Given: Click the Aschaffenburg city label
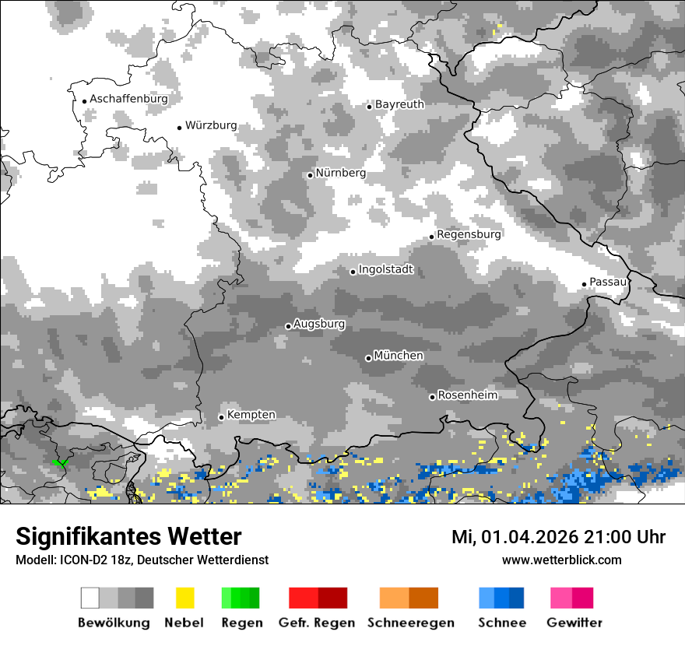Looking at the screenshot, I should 128,99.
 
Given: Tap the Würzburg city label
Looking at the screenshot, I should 211,125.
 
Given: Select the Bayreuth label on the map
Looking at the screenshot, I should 399,104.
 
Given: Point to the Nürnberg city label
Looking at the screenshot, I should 340,173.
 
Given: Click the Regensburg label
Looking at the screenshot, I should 469,233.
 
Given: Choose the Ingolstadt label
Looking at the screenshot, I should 385,270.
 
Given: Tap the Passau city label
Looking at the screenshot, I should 608,282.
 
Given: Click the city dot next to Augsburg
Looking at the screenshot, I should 288,326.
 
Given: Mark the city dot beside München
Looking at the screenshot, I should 368,358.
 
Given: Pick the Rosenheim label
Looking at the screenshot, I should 467,395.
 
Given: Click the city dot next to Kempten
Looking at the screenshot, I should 221,417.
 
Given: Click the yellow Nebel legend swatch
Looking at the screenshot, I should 184,598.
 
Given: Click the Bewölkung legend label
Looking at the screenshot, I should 114,623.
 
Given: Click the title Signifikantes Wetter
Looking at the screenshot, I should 128,536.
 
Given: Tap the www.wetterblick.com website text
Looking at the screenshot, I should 561,560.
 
